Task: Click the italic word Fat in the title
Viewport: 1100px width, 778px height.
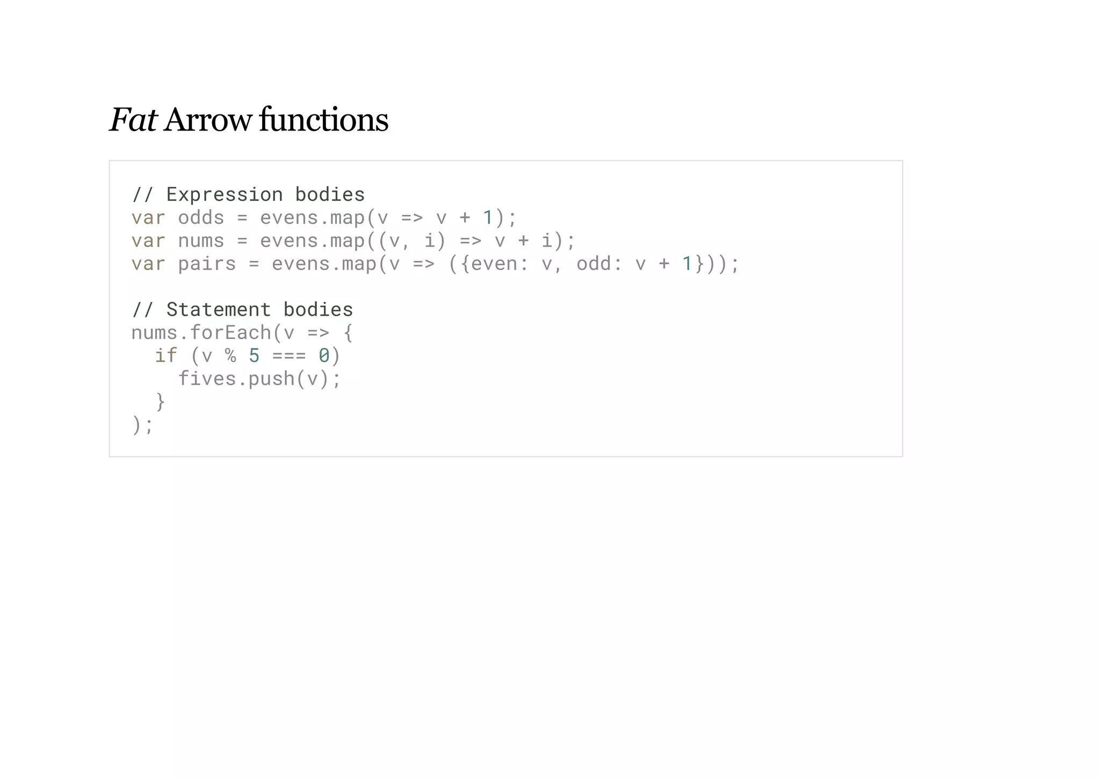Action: (x=133, y=120)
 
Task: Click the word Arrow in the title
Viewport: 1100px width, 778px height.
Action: (x=208, y=120)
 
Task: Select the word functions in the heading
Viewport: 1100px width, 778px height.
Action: (x=323, y=120)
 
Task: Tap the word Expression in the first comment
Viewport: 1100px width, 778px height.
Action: (x=224, y=194)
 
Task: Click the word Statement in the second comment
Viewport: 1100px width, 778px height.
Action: (x=218, y=310)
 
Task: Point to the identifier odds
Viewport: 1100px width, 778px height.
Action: (x=201, y=217)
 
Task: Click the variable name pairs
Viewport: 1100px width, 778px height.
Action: (x=207, y=264)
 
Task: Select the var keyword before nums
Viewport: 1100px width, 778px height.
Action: (x=148, y=241)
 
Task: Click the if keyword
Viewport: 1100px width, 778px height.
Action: (x=165, y=355)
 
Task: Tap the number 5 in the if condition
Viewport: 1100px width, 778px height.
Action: (x=254, y=355)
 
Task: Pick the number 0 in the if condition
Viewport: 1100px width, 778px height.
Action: (x=324, y=355)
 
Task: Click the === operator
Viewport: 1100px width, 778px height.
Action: (x=289, y=355)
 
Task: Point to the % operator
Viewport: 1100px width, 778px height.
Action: (x=230, y=355)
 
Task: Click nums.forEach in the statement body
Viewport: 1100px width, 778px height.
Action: (x=201, y=333)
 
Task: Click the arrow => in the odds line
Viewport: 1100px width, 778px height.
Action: (x=412, y=217)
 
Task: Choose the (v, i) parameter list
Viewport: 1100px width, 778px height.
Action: (x=412, y=241)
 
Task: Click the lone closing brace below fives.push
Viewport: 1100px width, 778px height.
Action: (x=160, y=402)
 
